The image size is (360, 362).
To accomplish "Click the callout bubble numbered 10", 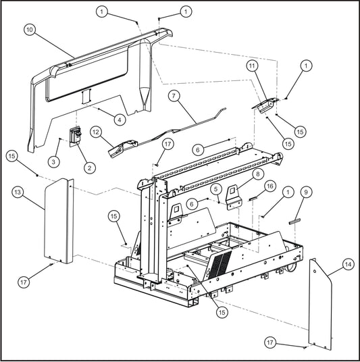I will point(29,30).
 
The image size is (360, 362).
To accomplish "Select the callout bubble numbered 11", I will point(252,66).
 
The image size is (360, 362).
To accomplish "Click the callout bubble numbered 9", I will point(307,192).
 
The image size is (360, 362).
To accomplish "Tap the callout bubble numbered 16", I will point(269,186).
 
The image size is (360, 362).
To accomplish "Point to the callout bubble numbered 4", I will point(119,119).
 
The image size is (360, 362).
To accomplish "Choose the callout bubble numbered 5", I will point(217,190).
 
